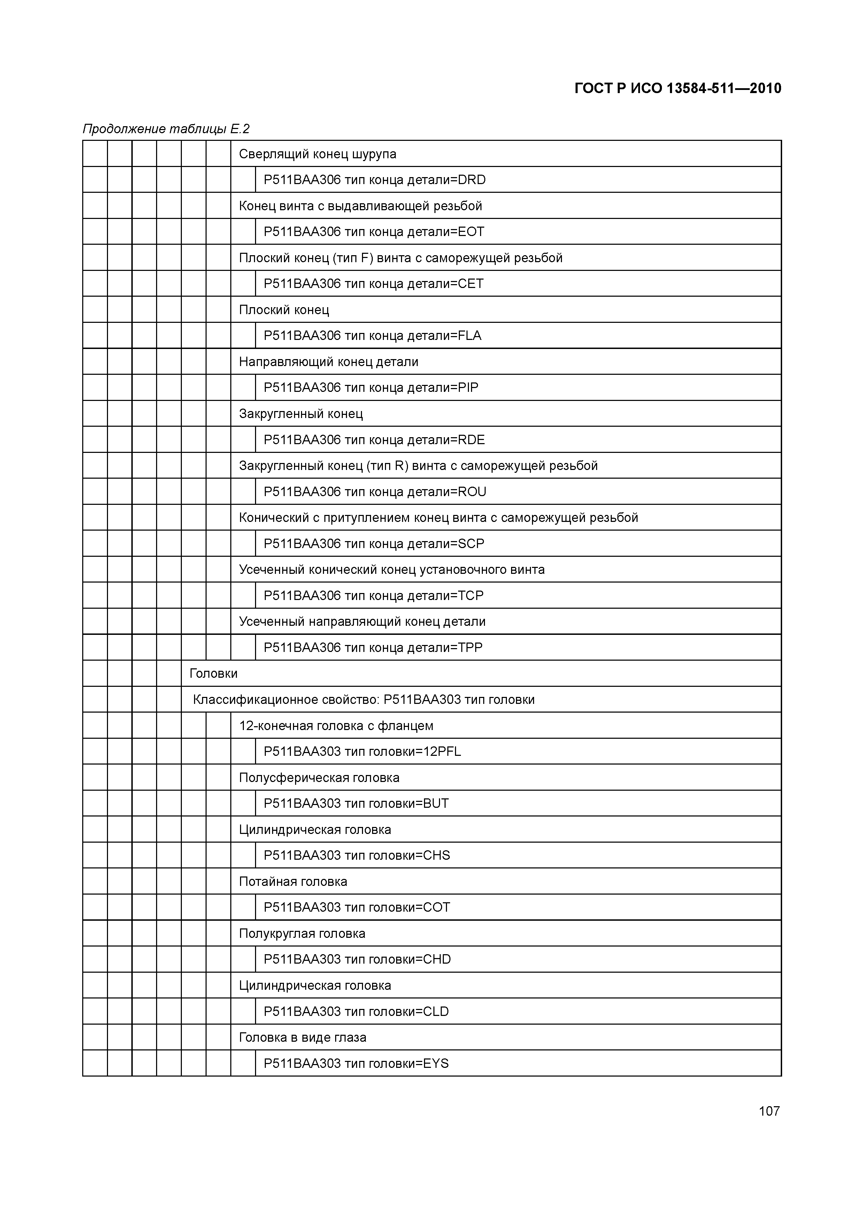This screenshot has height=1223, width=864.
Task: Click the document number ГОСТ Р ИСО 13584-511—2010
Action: pyautogui.click(x=678, y=89)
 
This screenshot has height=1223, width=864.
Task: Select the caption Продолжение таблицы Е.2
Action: pyautogui.click(x=166, y=129)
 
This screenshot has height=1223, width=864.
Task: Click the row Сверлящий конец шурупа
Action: pyautogui.click(x=317, y=154)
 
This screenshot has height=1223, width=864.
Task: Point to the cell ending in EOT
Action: pyautogui.click(x=374, y=232)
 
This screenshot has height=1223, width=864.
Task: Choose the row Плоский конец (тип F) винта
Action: pyautogui.click(x=400, y=258)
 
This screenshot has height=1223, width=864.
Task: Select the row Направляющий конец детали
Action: pyautogui.click(x=329, y=362)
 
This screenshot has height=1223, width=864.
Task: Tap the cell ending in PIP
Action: pyautogui.click(x=371, y=387)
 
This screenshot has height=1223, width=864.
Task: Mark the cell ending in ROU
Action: pyautogui.click(x=375, y=492)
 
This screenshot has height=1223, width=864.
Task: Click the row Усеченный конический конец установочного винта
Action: pyautogui.click(x=392, y=569)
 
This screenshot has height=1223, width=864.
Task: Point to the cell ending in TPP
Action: pyautogui.click(x=373, y=648)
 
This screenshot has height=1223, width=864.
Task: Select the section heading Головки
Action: pyautogui.click(x=214, y=673)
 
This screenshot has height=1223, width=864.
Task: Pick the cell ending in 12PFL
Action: pyautogui.click(x=362, y=752)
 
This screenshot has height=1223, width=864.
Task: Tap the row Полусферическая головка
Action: pyautogui.click(x=319, y=778)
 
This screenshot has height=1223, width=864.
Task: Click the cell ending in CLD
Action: pyautogui.click(x=356, y=1011)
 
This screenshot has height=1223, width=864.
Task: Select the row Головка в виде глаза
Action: pyautogui.click(x=302, y=1037)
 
